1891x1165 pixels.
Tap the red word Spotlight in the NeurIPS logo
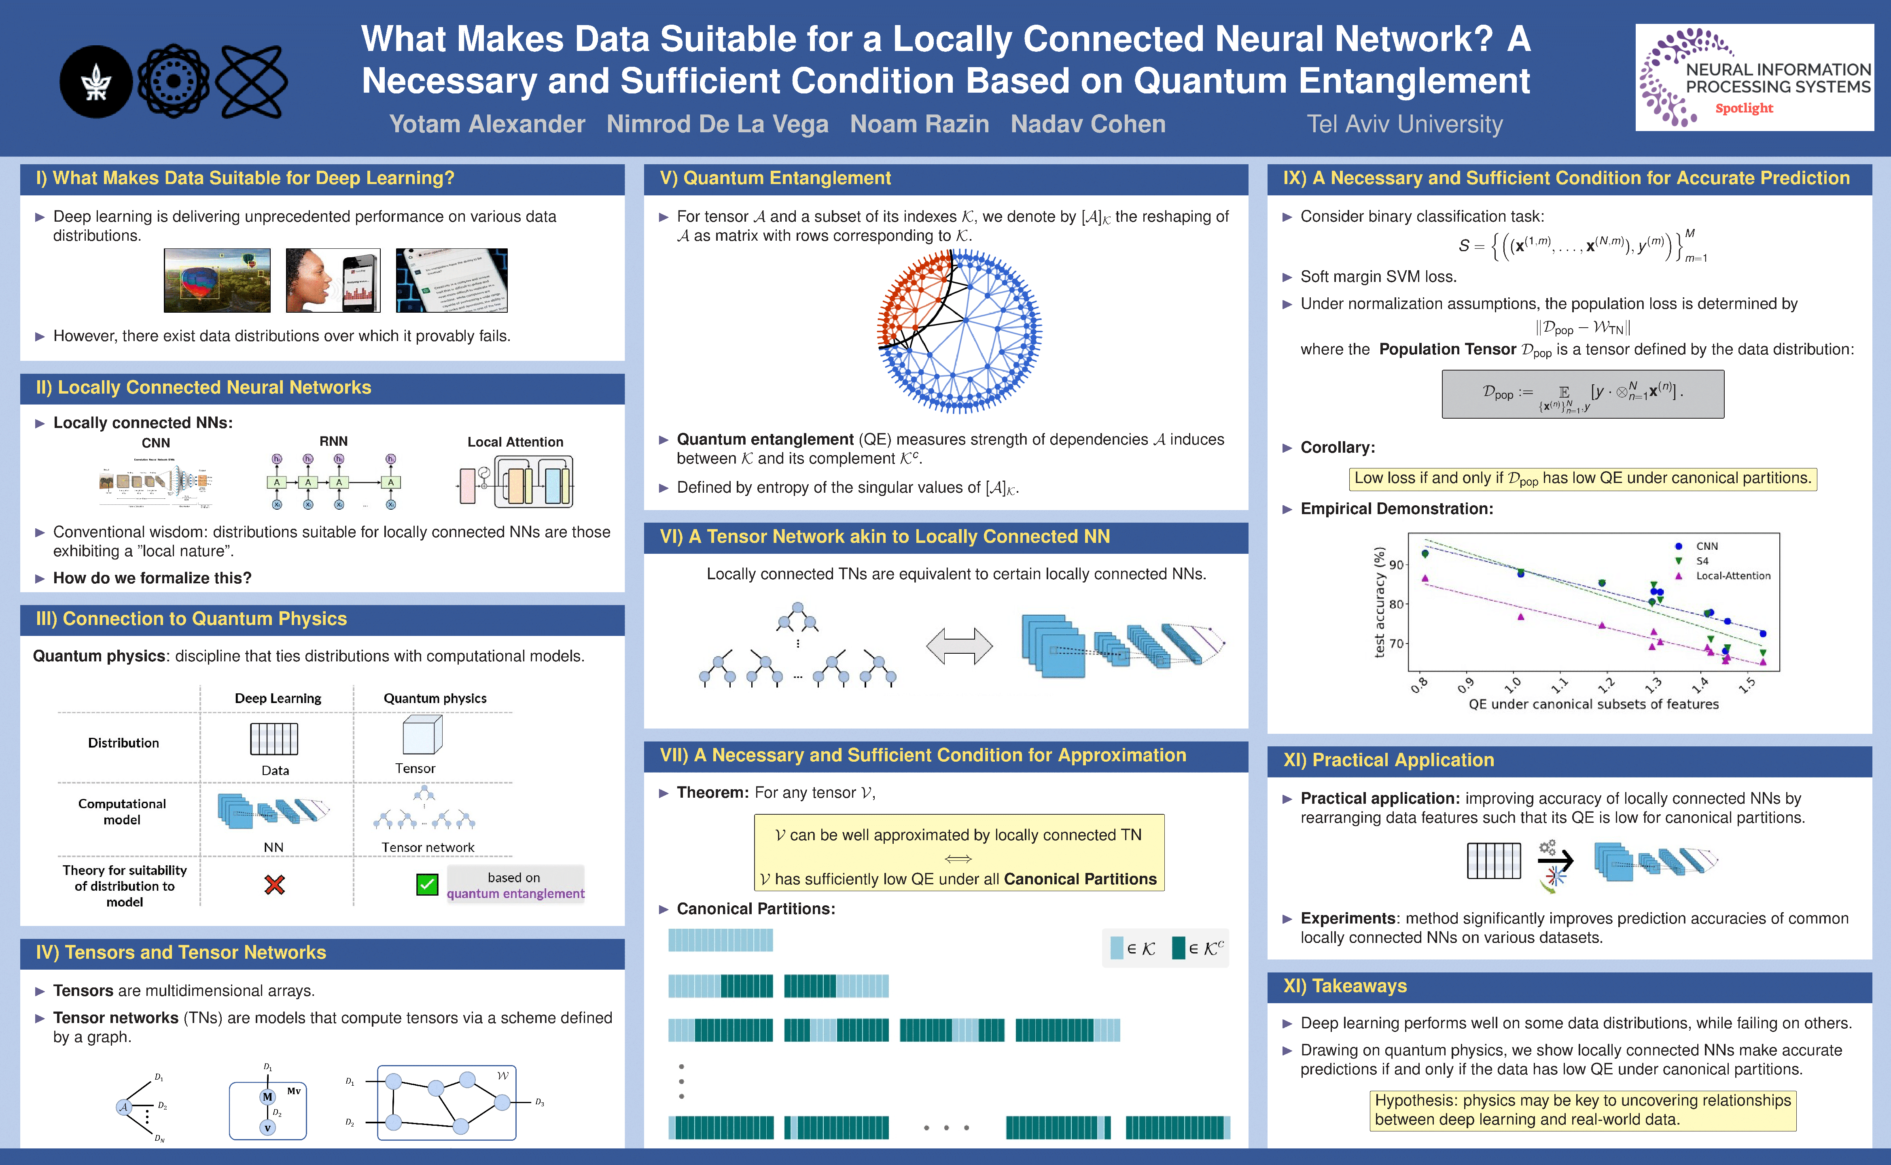tap(1744, 109)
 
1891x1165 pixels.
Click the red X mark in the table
tap(274, 885)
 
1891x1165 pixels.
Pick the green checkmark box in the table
tap(427, 885)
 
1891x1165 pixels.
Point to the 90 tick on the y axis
tap(1395, 564)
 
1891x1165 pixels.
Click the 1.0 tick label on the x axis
tap(1513, 684)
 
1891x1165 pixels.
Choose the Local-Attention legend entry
tap(1732, 576)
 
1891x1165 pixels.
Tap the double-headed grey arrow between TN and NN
tap(958, 646)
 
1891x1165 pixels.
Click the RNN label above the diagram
tap(334, 441)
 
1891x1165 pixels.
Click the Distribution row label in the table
tap(123, 743)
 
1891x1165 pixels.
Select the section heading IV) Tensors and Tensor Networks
tap(181, 952)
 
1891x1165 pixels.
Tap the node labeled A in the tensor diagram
tap(123, 1107)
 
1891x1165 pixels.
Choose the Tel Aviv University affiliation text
tap(1404, 124)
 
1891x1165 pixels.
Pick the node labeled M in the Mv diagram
tap(267, 1096)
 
